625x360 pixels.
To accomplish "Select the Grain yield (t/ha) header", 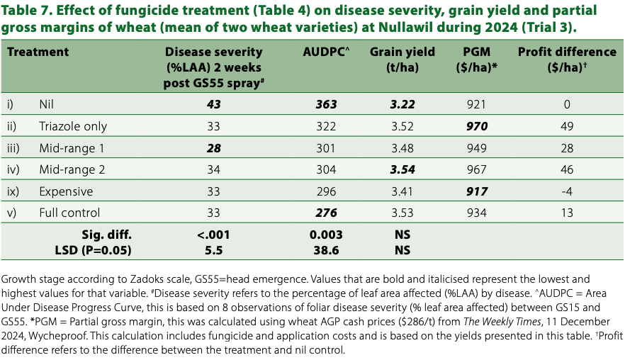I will coord(402,59).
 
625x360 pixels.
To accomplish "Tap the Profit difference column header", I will coord(567,59).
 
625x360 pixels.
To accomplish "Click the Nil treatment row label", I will coord(48,105).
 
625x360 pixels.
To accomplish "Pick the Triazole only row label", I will coord(73,126).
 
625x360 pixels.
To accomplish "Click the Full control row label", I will coord(69,213).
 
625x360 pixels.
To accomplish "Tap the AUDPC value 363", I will coord(326,105).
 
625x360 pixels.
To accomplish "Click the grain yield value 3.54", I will coord(402,169).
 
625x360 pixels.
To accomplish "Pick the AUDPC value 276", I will coord(326,213).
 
